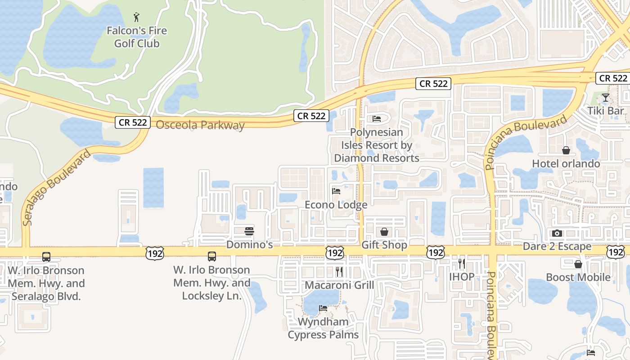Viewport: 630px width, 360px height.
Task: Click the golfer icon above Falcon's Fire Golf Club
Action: click(137, 18)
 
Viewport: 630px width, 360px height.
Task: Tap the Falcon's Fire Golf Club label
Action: click(137, 37)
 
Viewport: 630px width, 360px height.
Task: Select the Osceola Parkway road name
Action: click(200, 125)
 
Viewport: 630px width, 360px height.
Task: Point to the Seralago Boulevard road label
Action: click(57, 187)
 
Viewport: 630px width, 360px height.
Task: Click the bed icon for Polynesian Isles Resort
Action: click(377, 119)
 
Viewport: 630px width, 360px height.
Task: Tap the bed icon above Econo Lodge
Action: click(336, 191)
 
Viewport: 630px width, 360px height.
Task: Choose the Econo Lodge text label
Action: click(336, 205)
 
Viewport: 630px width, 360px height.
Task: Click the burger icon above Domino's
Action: click(249, 231)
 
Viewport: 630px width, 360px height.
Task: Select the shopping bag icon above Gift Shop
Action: click(384, 232)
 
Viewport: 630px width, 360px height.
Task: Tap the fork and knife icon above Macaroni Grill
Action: click(339, 271)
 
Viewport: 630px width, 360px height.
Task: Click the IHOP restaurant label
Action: click(462, 276)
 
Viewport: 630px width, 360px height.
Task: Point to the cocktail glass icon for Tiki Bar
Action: click(606, 97)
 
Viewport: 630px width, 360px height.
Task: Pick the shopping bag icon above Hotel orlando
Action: click(566, 150)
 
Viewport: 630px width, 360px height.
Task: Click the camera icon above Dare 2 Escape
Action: click(557, 233)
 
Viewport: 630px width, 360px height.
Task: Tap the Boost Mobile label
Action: click(578, 277)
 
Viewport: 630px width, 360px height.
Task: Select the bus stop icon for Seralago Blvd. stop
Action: click(46, 257)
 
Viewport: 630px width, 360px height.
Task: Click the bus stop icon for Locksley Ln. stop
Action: click(212, 256)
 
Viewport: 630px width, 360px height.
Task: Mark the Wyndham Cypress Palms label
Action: click(323, 328)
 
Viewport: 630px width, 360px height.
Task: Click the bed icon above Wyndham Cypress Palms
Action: click(323, 308)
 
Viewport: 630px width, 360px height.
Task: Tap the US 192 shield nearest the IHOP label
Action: click(436, 252)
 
